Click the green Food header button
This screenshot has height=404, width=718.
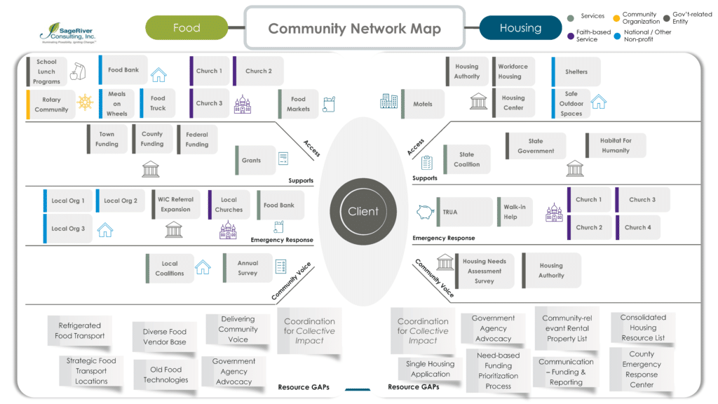[187, 28]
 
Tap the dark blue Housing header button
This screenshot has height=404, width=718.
[520, 28]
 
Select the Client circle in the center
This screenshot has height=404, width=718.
[363, 211]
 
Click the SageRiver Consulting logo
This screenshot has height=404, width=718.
[68, 32]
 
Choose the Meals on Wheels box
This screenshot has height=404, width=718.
[116, 104]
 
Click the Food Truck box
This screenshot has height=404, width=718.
[156, 103]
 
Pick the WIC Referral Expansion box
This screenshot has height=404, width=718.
[175, 204]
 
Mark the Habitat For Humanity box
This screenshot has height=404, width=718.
[614, 145]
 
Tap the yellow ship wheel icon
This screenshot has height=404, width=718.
[85, 102]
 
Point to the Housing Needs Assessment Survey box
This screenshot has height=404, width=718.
[484, 271]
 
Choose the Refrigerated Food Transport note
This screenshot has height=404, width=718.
[79, 330]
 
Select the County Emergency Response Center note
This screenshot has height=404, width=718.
[641, 369]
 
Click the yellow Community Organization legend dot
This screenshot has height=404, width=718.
[616, 17]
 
